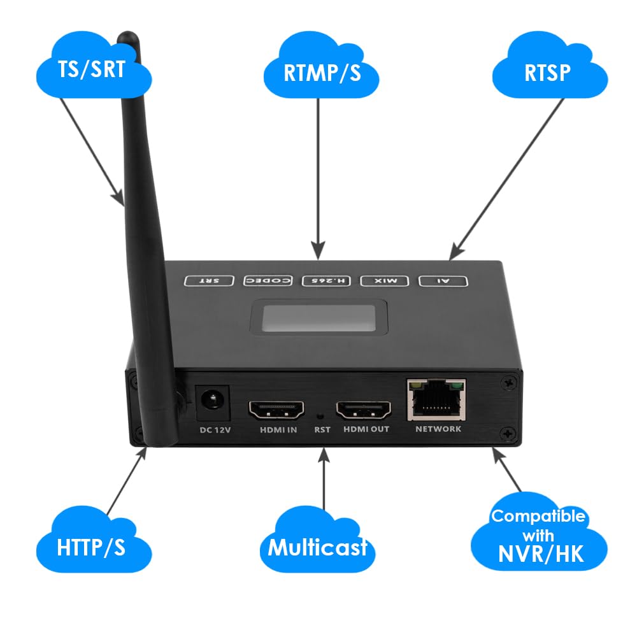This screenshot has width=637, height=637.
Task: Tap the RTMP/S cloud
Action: coord(322,71)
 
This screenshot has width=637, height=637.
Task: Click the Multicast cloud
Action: coord(317,547)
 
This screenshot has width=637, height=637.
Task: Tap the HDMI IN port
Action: coord(278,411)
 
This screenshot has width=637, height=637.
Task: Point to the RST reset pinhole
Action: coord(322,415)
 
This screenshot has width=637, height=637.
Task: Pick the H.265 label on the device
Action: coord(327,280)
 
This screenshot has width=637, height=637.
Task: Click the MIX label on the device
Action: coord(385,280)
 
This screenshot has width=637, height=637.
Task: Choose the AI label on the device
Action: coord(443,280)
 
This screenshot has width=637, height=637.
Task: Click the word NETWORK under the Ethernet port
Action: coord(438,429)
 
